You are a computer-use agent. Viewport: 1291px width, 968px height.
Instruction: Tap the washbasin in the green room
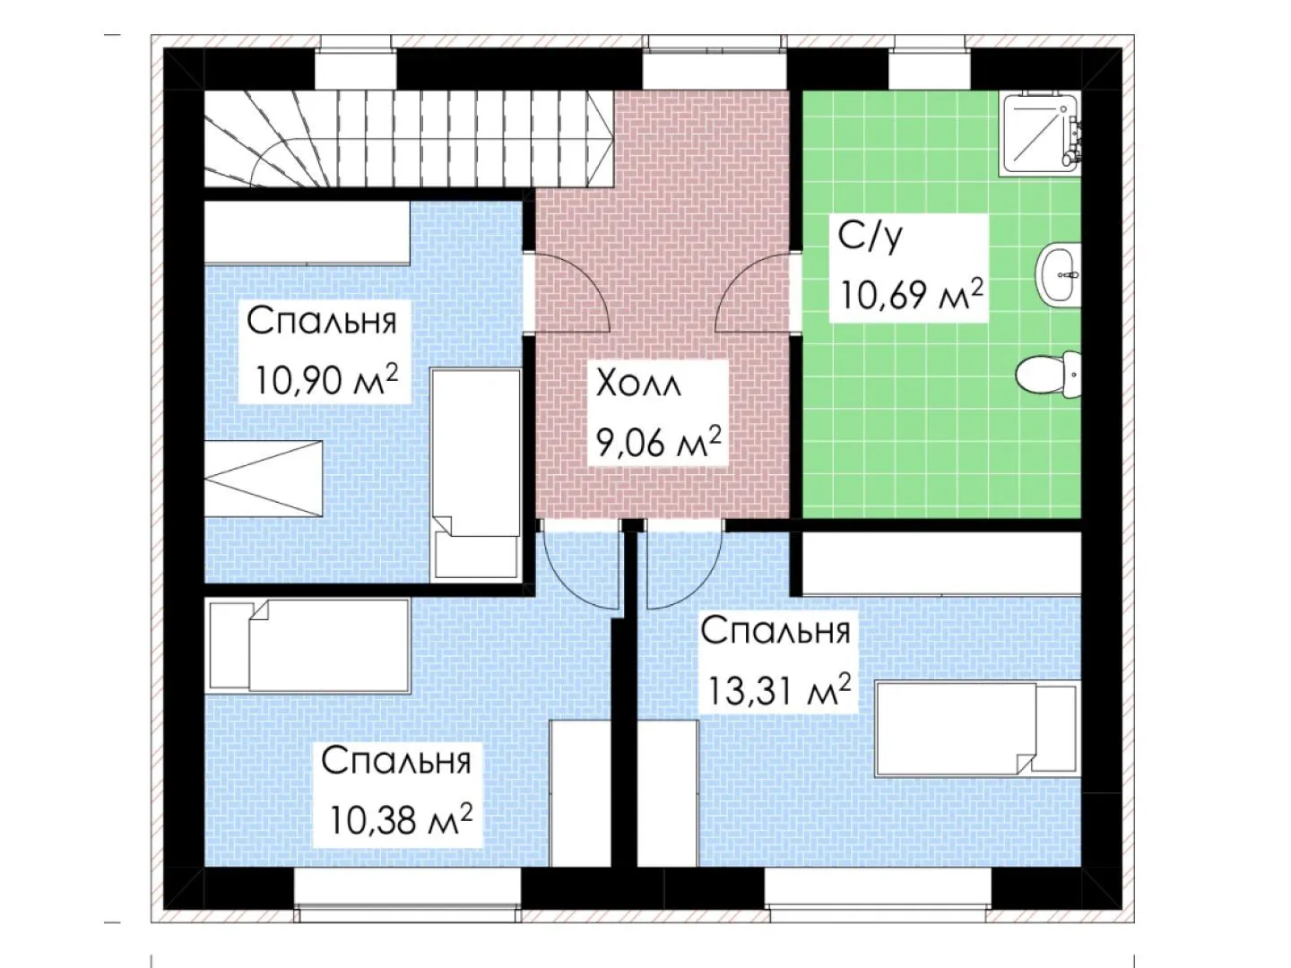[1058, 274]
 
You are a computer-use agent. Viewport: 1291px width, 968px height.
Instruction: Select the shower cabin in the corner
[1042, 134]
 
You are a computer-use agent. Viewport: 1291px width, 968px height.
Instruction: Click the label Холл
[639, 385]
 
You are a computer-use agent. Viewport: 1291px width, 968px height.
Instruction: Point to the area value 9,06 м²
[659, 442]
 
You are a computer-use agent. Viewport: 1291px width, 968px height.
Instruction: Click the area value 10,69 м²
[912, 294]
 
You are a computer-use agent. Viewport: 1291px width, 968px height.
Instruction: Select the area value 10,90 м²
[327, 380]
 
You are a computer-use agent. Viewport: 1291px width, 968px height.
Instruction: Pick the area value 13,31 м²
[779, 690]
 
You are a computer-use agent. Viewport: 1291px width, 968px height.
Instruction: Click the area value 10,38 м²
[401, 819]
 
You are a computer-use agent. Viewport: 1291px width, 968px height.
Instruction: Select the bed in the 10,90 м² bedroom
[476, 474]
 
